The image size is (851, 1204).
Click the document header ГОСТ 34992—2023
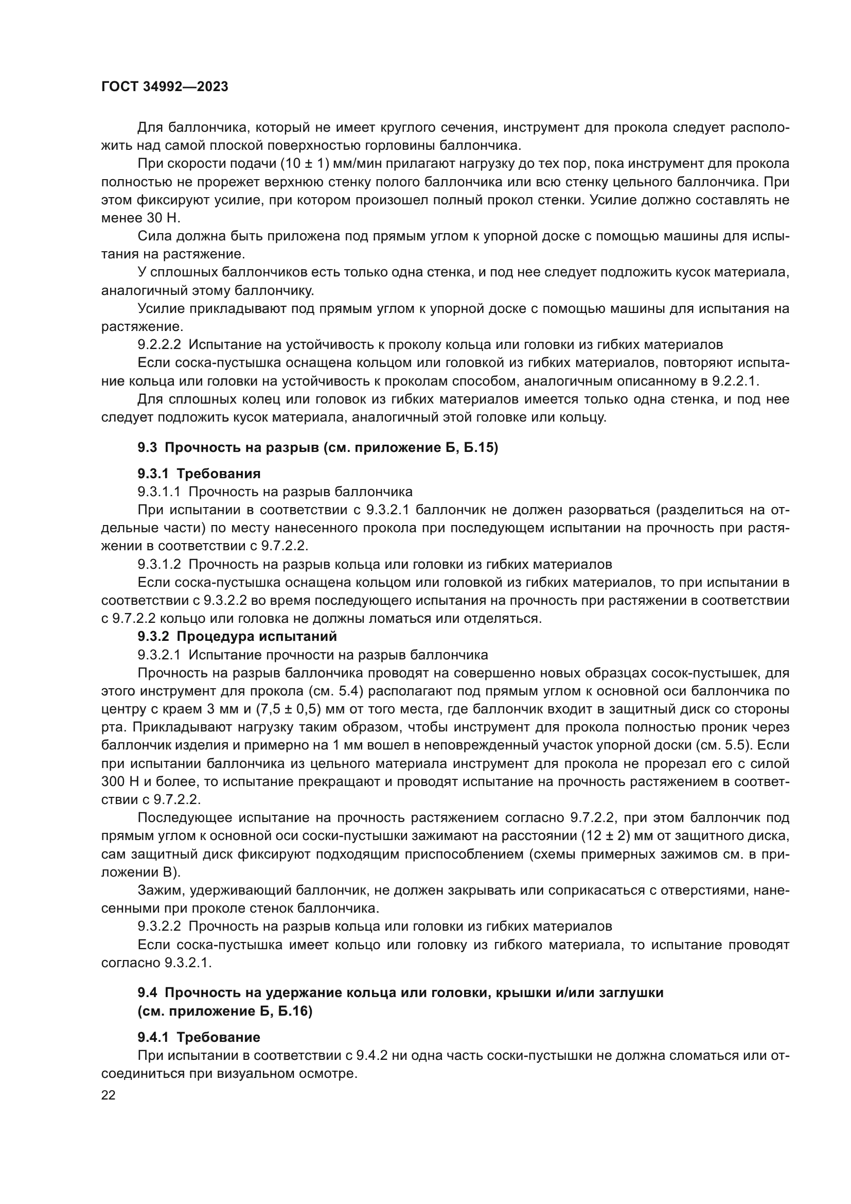[165, 87]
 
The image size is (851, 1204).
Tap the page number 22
[108, 1095]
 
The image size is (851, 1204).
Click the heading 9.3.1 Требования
[199, 474]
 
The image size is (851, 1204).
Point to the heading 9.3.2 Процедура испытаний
[237, 636]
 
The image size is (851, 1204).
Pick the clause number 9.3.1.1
[159, 492]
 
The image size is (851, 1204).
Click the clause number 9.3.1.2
[159, 564]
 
